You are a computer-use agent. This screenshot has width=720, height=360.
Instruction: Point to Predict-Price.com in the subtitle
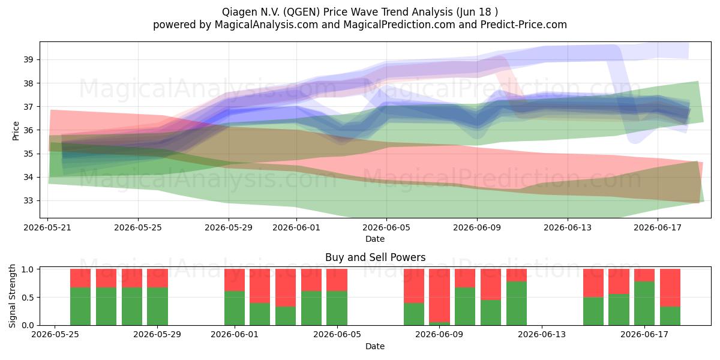pos(524,25)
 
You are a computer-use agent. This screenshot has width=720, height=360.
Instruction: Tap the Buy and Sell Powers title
pos(375,257)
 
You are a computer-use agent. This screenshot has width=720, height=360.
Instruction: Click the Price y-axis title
pos(16,131)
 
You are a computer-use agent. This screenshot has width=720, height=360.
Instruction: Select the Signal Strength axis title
pos(12,296)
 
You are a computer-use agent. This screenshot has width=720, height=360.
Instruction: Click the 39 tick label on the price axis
pos(28,59)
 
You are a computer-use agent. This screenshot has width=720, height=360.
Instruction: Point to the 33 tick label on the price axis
pos(28,201)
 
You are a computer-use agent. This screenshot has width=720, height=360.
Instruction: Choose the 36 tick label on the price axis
pos(28,130)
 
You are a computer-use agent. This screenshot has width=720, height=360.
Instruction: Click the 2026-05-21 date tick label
pos(47,227)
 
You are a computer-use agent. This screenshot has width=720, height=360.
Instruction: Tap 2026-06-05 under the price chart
pos(386,227)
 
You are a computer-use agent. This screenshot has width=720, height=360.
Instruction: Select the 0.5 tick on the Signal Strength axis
pos(28,298)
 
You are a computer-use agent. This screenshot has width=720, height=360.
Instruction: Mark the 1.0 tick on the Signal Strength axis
pos(28,269)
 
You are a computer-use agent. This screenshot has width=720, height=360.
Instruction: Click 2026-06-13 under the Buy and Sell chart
pos(542,335)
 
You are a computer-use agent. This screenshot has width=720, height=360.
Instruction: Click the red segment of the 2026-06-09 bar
pos(439,295)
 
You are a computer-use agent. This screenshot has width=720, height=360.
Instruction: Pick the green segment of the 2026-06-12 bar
pos(517,304)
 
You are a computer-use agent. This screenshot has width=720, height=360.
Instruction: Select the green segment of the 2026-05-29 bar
pos(157,307)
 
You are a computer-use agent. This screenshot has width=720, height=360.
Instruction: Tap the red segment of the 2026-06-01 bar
pos(235,280)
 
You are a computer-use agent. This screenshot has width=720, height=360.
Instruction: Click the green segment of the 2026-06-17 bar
pos(644,304)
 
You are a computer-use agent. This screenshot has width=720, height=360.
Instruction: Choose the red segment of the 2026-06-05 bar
pos(337,280)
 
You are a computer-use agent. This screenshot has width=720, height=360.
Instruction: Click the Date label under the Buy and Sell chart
pos(375,346)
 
